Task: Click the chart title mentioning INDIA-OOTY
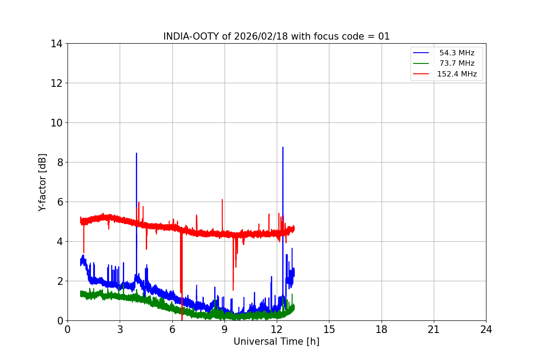click(x=276, y=36)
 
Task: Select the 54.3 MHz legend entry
click(x=457, y=53)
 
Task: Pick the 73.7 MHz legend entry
click(x=457, y=63)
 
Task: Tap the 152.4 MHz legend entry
click(x=457, y=74)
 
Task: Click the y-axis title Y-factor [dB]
click(x=42, y=182)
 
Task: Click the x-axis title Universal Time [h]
click(x=276, y=342)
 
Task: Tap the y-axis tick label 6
click(x=58, y=202)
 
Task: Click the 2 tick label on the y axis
click(x=58, y=281)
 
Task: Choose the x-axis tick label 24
click(x=486, y=330)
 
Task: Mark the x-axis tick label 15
click(x=329, y=330)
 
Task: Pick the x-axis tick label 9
click(x=225, y=330)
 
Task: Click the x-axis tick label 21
click(x=434, y=330)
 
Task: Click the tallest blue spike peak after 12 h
click(x=283, y=147)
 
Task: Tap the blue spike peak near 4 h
click(x=136, y=153)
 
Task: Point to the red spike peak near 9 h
click(x=222, y=199)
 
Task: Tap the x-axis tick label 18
click(x=382, y=330)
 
